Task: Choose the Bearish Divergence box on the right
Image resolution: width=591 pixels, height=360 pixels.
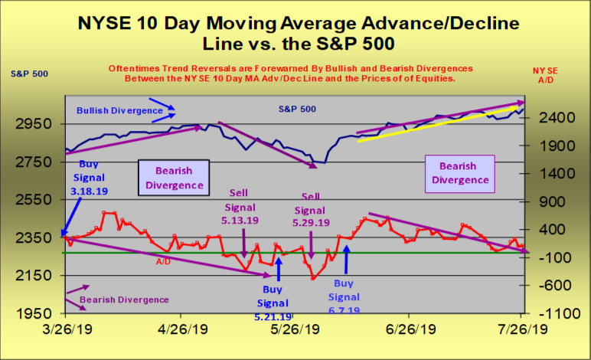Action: pos(459,173)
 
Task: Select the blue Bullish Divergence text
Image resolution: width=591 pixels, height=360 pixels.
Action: pos(119,110)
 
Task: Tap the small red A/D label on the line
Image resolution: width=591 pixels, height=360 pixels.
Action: pos(164,261)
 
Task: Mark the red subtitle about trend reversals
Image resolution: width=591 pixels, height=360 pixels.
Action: pos(290,74)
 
